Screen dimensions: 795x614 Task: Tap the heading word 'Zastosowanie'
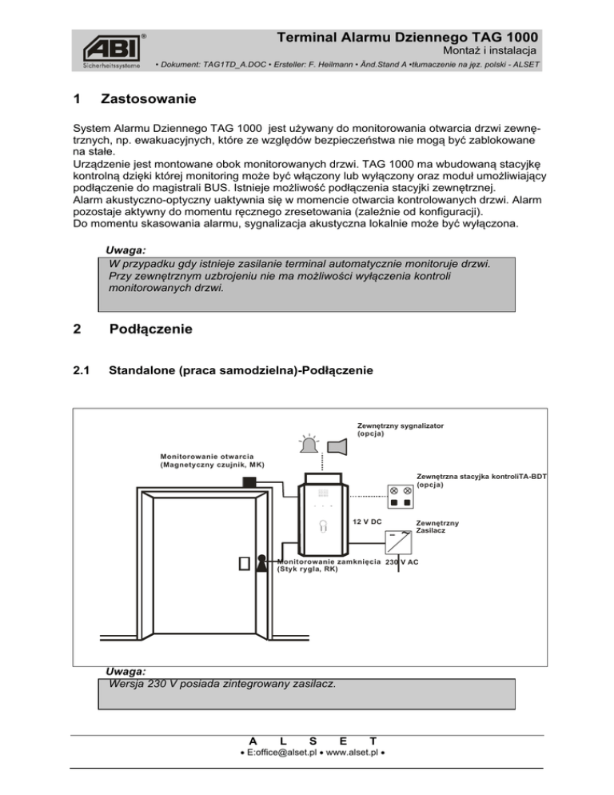tap(149, 101)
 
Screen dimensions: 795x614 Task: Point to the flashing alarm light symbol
tap(309, 445)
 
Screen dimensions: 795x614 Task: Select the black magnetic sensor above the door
tap(249, 482)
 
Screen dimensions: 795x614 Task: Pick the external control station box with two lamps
tap(401, 496)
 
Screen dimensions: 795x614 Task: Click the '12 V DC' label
tap(368, 521)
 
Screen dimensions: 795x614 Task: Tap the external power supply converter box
tap(400, 542)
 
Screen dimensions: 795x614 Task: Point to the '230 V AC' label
tap(401, 562)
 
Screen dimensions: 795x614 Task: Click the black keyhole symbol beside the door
tap(261, 564)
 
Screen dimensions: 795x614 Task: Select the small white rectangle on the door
tap(243, 563)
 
